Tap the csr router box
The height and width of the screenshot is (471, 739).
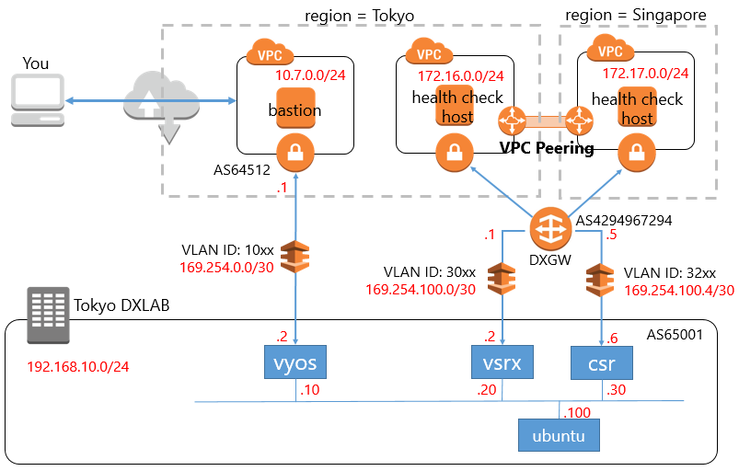point(602,363)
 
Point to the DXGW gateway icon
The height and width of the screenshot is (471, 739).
point(551,227)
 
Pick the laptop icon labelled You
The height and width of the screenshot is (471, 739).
point(36,101)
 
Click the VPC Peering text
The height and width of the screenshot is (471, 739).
point(547,147)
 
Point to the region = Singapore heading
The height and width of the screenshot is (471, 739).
point(636,15)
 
